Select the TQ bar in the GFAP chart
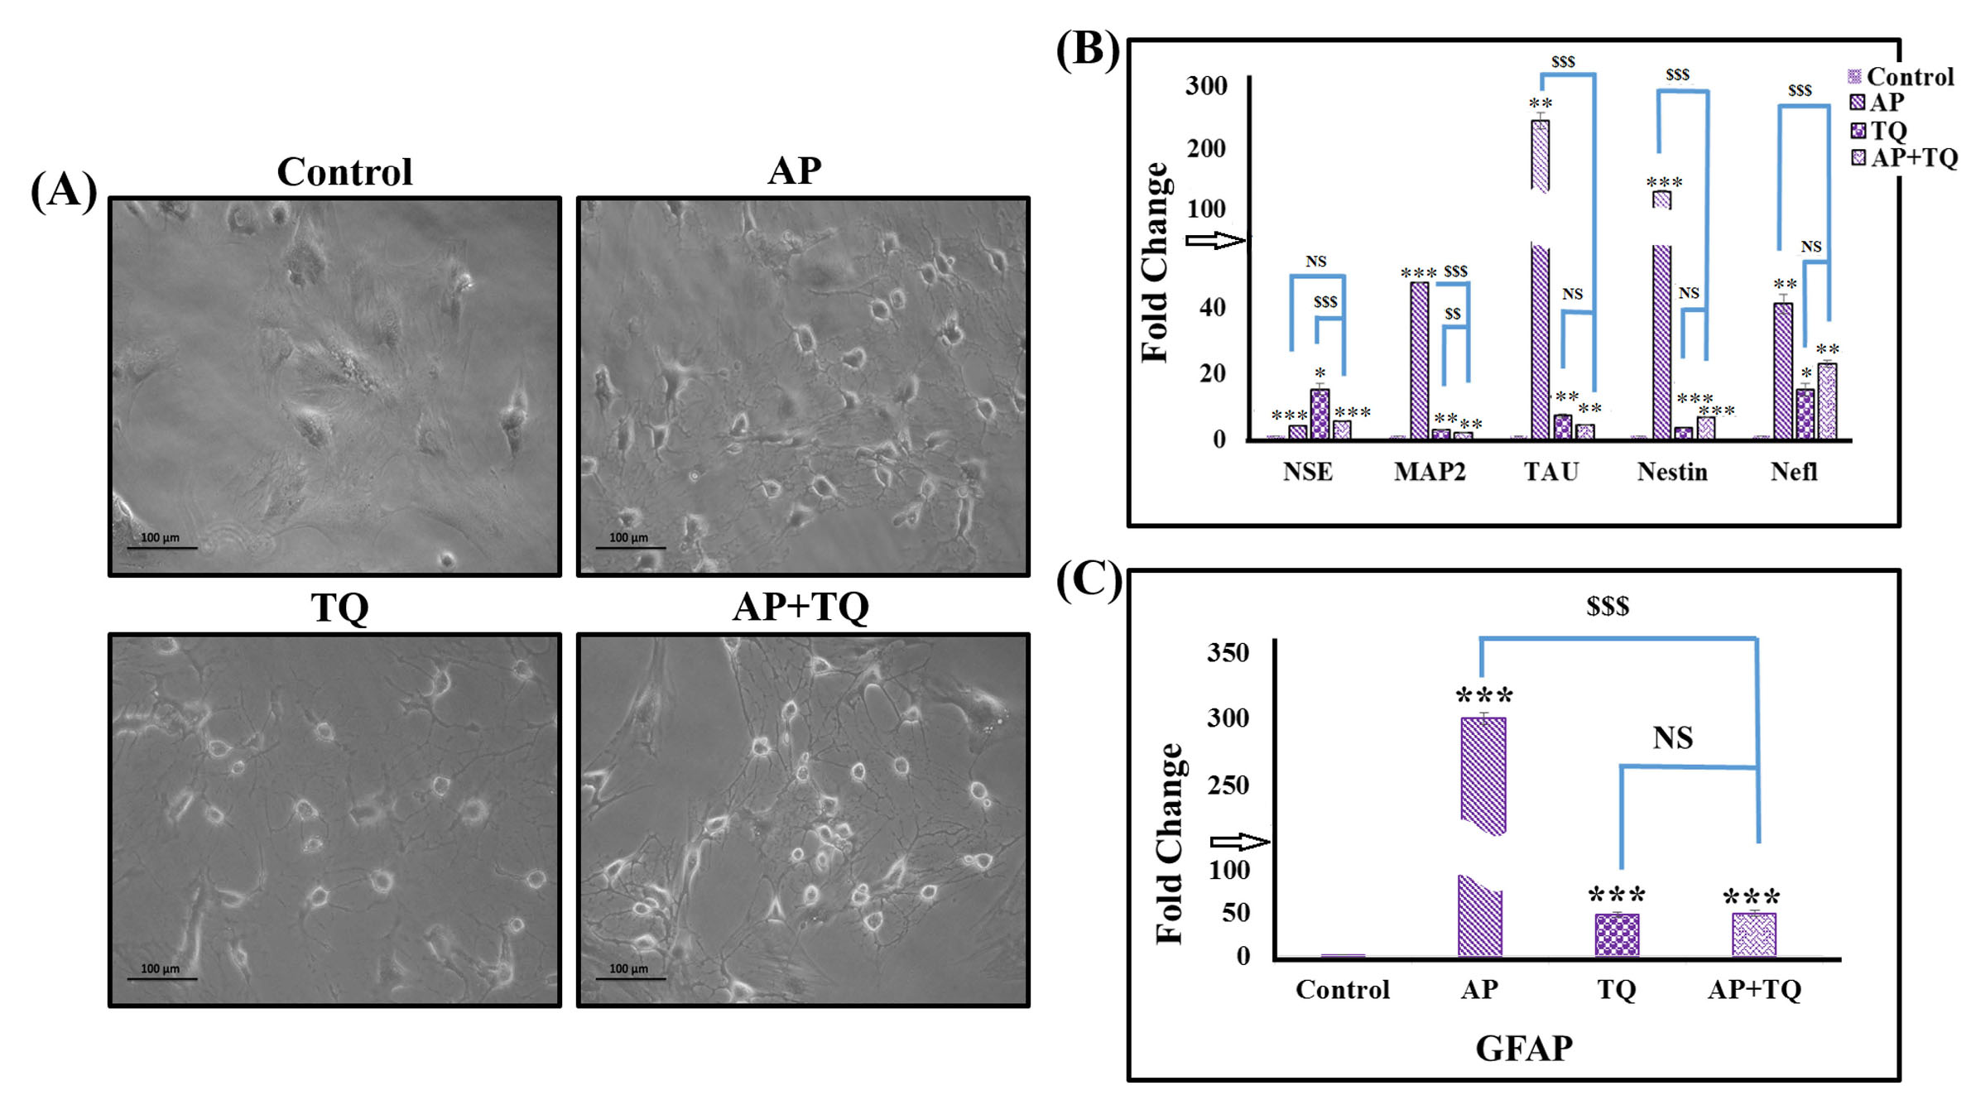coord(1617,934)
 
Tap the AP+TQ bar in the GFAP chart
coord(1753,934)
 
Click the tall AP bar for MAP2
coord(1419,360)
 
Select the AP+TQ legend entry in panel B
coord(1904,157)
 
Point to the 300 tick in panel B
coord(1206,85)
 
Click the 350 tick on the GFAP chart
coord(1228,652)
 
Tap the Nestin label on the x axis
coord(1672,472)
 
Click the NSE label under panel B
coord(1308,472)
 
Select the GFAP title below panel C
coord(1524,1049)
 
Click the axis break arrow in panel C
coord(1239,843)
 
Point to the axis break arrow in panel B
coord(1214,241)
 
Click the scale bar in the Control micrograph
coord(162,547)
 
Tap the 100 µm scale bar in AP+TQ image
coord(630,978)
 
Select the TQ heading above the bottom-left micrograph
coord(339,608)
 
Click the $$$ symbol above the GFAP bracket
coord(1608,607)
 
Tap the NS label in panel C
coord(1673,737)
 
